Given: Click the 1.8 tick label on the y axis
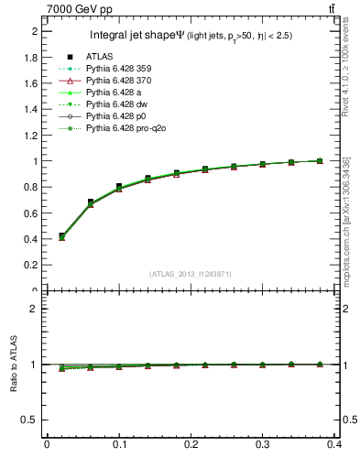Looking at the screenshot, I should click(x=29, y=57).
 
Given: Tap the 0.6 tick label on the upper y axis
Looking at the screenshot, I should click(x=29, y=213).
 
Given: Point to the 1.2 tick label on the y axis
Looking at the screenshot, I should click(x=29, y=136).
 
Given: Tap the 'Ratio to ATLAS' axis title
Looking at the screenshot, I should click(x=12, y=365).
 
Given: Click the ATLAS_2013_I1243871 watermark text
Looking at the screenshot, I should click(x=191, y=274).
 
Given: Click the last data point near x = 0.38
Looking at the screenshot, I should click(x=320, y=160).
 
